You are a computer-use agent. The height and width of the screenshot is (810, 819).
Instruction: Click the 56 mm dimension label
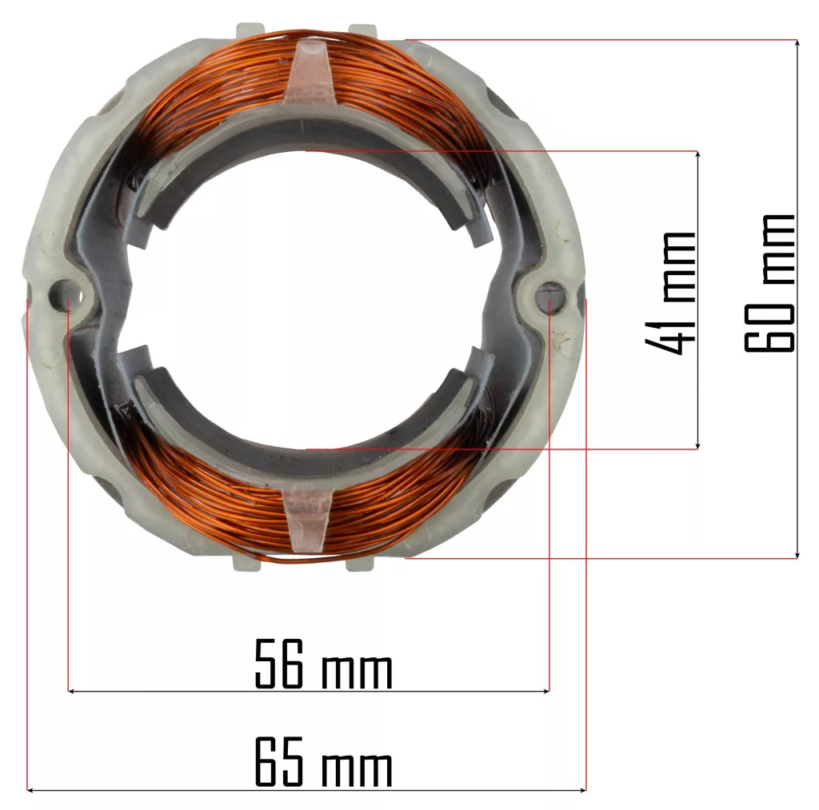point(323,663)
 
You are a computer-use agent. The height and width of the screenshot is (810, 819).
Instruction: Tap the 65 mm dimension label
point(323,761)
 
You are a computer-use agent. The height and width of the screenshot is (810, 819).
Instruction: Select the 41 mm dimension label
point(671,293)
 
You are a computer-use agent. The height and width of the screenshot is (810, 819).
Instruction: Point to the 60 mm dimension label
point(769,283)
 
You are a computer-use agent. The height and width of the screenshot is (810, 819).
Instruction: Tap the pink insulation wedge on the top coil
point(310,73)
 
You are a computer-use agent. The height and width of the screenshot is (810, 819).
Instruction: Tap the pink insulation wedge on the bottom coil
point(307,520)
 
